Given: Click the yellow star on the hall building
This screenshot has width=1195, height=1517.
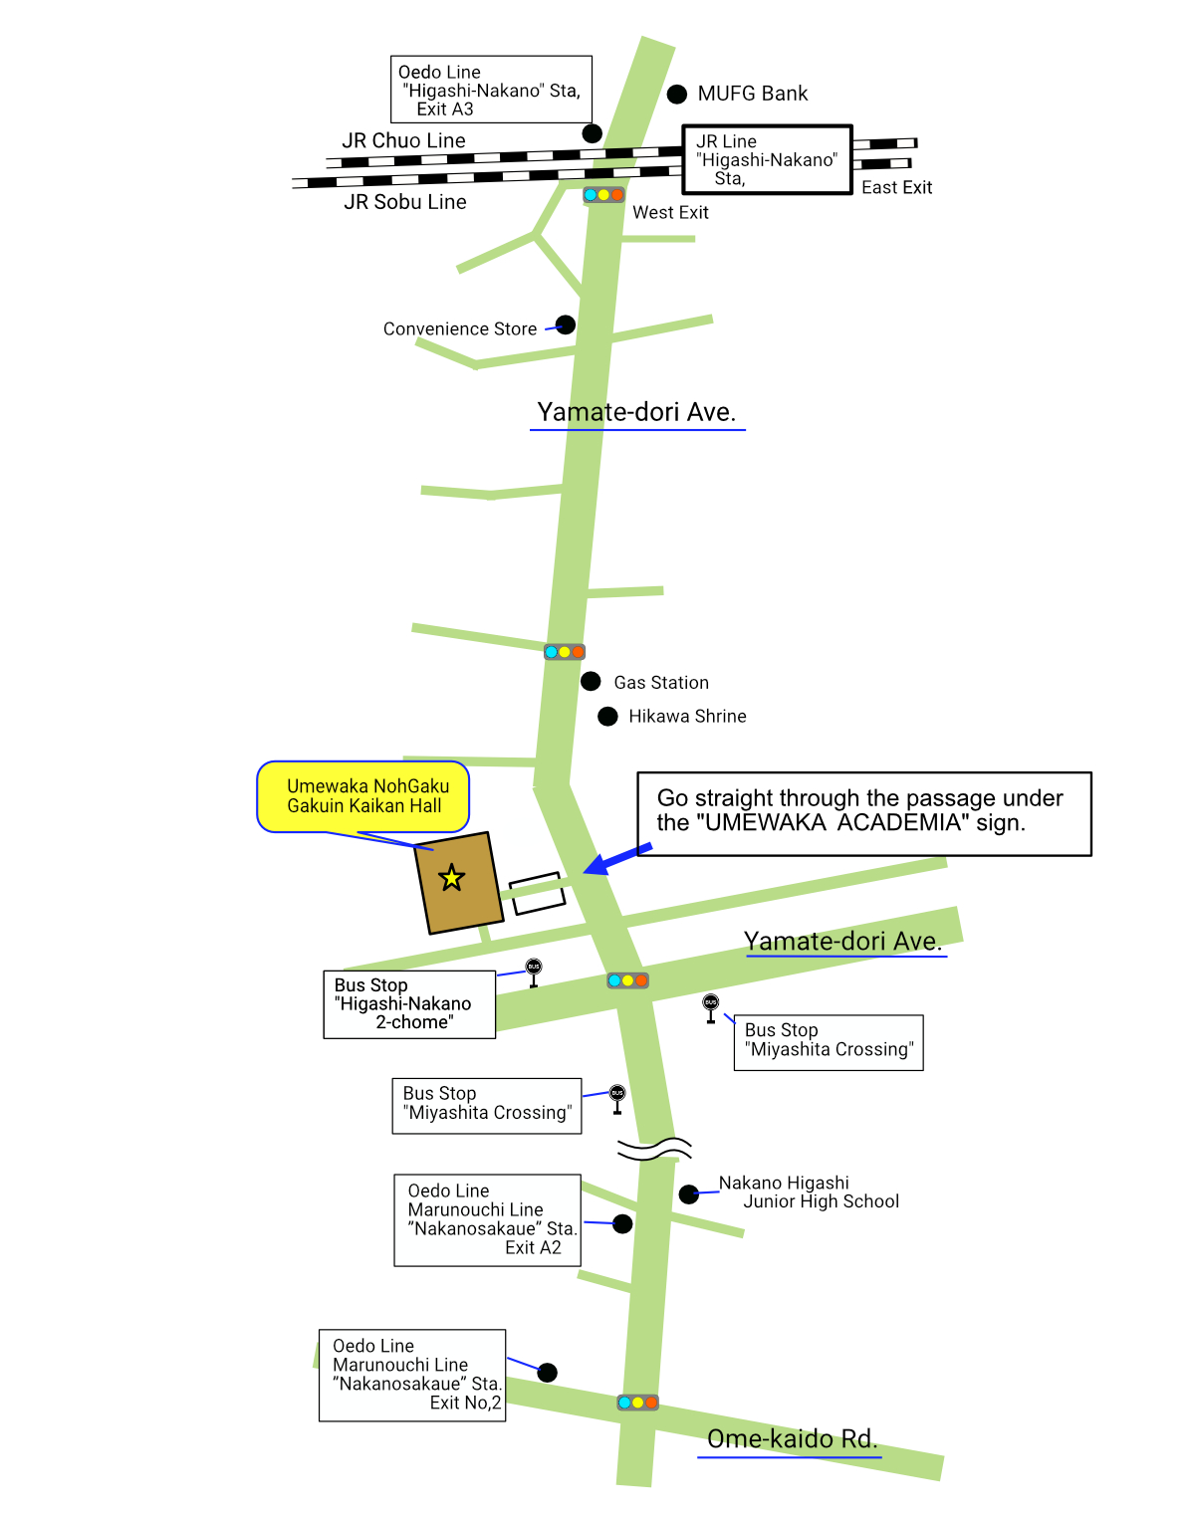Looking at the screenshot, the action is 451,878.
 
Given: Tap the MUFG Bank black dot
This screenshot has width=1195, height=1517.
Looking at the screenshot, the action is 676,94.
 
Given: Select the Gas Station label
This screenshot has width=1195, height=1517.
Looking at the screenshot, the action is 661,683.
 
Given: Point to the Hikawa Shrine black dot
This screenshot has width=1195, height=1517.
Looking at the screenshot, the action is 607,717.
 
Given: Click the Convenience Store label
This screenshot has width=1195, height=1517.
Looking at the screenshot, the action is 460,328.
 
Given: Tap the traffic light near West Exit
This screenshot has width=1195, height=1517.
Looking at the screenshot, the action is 603,194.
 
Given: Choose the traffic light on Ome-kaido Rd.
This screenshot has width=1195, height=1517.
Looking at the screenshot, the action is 637,1403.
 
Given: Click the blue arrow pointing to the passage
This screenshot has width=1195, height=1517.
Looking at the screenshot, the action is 617,859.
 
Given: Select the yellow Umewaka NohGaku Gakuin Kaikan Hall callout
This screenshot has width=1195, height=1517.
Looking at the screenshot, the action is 362,796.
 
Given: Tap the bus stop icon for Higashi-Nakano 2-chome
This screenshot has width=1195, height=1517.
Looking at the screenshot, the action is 534,973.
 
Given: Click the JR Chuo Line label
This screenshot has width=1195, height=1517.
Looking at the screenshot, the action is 403,140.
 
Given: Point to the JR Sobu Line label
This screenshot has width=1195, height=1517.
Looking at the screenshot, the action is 405,202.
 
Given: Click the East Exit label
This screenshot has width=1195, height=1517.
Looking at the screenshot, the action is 896,187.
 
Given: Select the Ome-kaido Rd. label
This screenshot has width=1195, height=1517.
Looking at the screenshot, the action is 793,1438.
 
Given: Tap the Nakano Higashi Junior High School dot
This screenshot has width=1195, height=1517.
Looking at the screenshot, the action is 688,1194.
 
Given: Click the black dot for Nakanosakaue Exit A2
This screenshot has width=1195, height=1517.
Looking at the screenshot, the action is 622,1223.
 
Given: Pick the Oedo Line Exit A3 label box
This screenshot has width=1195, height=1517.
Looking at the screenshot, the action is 491,90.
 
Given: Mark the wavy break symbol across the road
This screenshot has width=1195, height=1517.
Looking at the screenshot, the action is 654,1149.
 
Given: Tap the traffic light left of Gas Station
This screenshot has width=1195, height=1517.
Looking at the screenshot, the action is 565,652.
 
